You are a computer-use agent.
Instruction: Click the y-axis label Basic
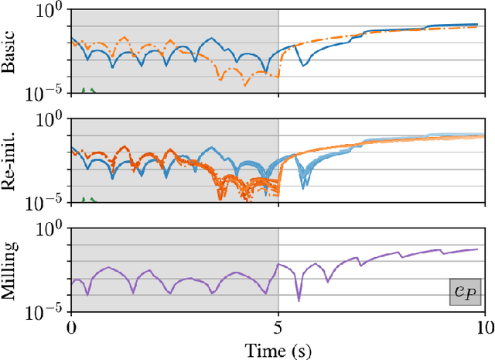(x=9, y=52)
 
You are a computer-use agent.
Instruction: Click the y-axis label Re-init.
(x=9, y=161)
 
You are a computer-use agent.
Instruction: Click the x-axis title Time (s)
(x=278, y=349)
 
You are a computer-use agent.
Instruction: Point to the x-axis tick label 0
(x=71, y=327)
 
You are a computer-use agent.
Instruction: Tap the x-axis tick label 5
(x=278, y=327)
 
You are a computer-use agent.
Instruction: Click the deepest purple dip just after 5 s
(x=299, y=299)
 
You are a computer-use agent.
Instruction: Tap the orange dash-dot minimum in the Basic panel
(x=223, y=78)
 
